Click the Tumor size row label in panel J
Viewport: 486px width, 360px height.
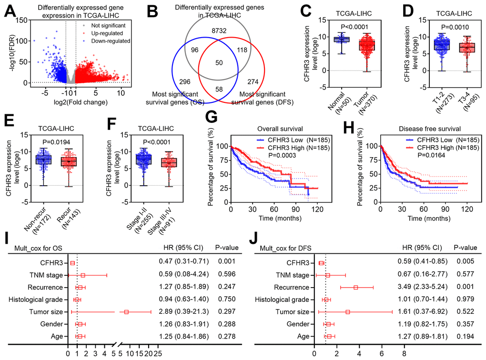click(x=291, y=311)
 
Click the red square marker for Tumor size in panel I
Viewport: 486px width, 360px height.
click(x=126, y=311)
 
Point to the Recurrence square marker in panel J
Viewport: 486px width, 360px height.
click(x=355, y=287)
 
